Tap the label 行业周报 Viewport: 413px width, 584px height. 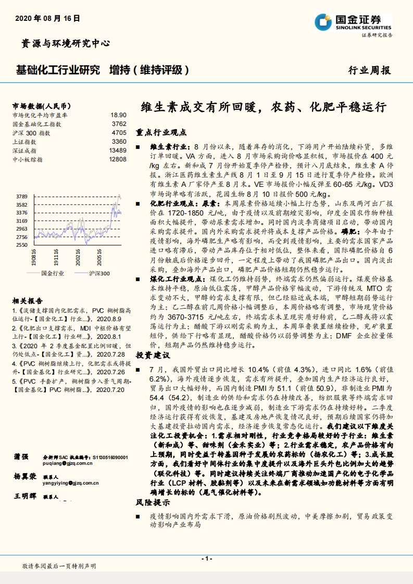tap(369, 71)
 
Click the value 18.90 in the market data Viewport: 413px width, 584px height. tap(118, 115)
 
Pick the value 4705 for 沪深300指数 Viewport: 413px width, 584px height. tap(119, 133)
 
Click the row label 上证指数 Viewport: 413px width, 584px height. tap(24, 142)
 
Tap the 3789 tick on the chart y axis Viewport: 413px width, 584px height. tap(21, 197)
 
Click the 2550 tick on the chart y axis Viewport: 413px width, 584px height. tap(21, 245)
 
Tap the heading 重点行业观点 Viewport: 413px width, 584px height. tap(161, 133)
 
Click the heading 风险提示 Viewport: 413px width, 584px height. tap(152, 503)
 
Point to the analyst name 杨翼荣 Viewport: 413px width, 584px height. tap(24, 477)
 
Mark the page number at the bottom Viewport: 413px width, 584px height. tap(206, 558)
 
